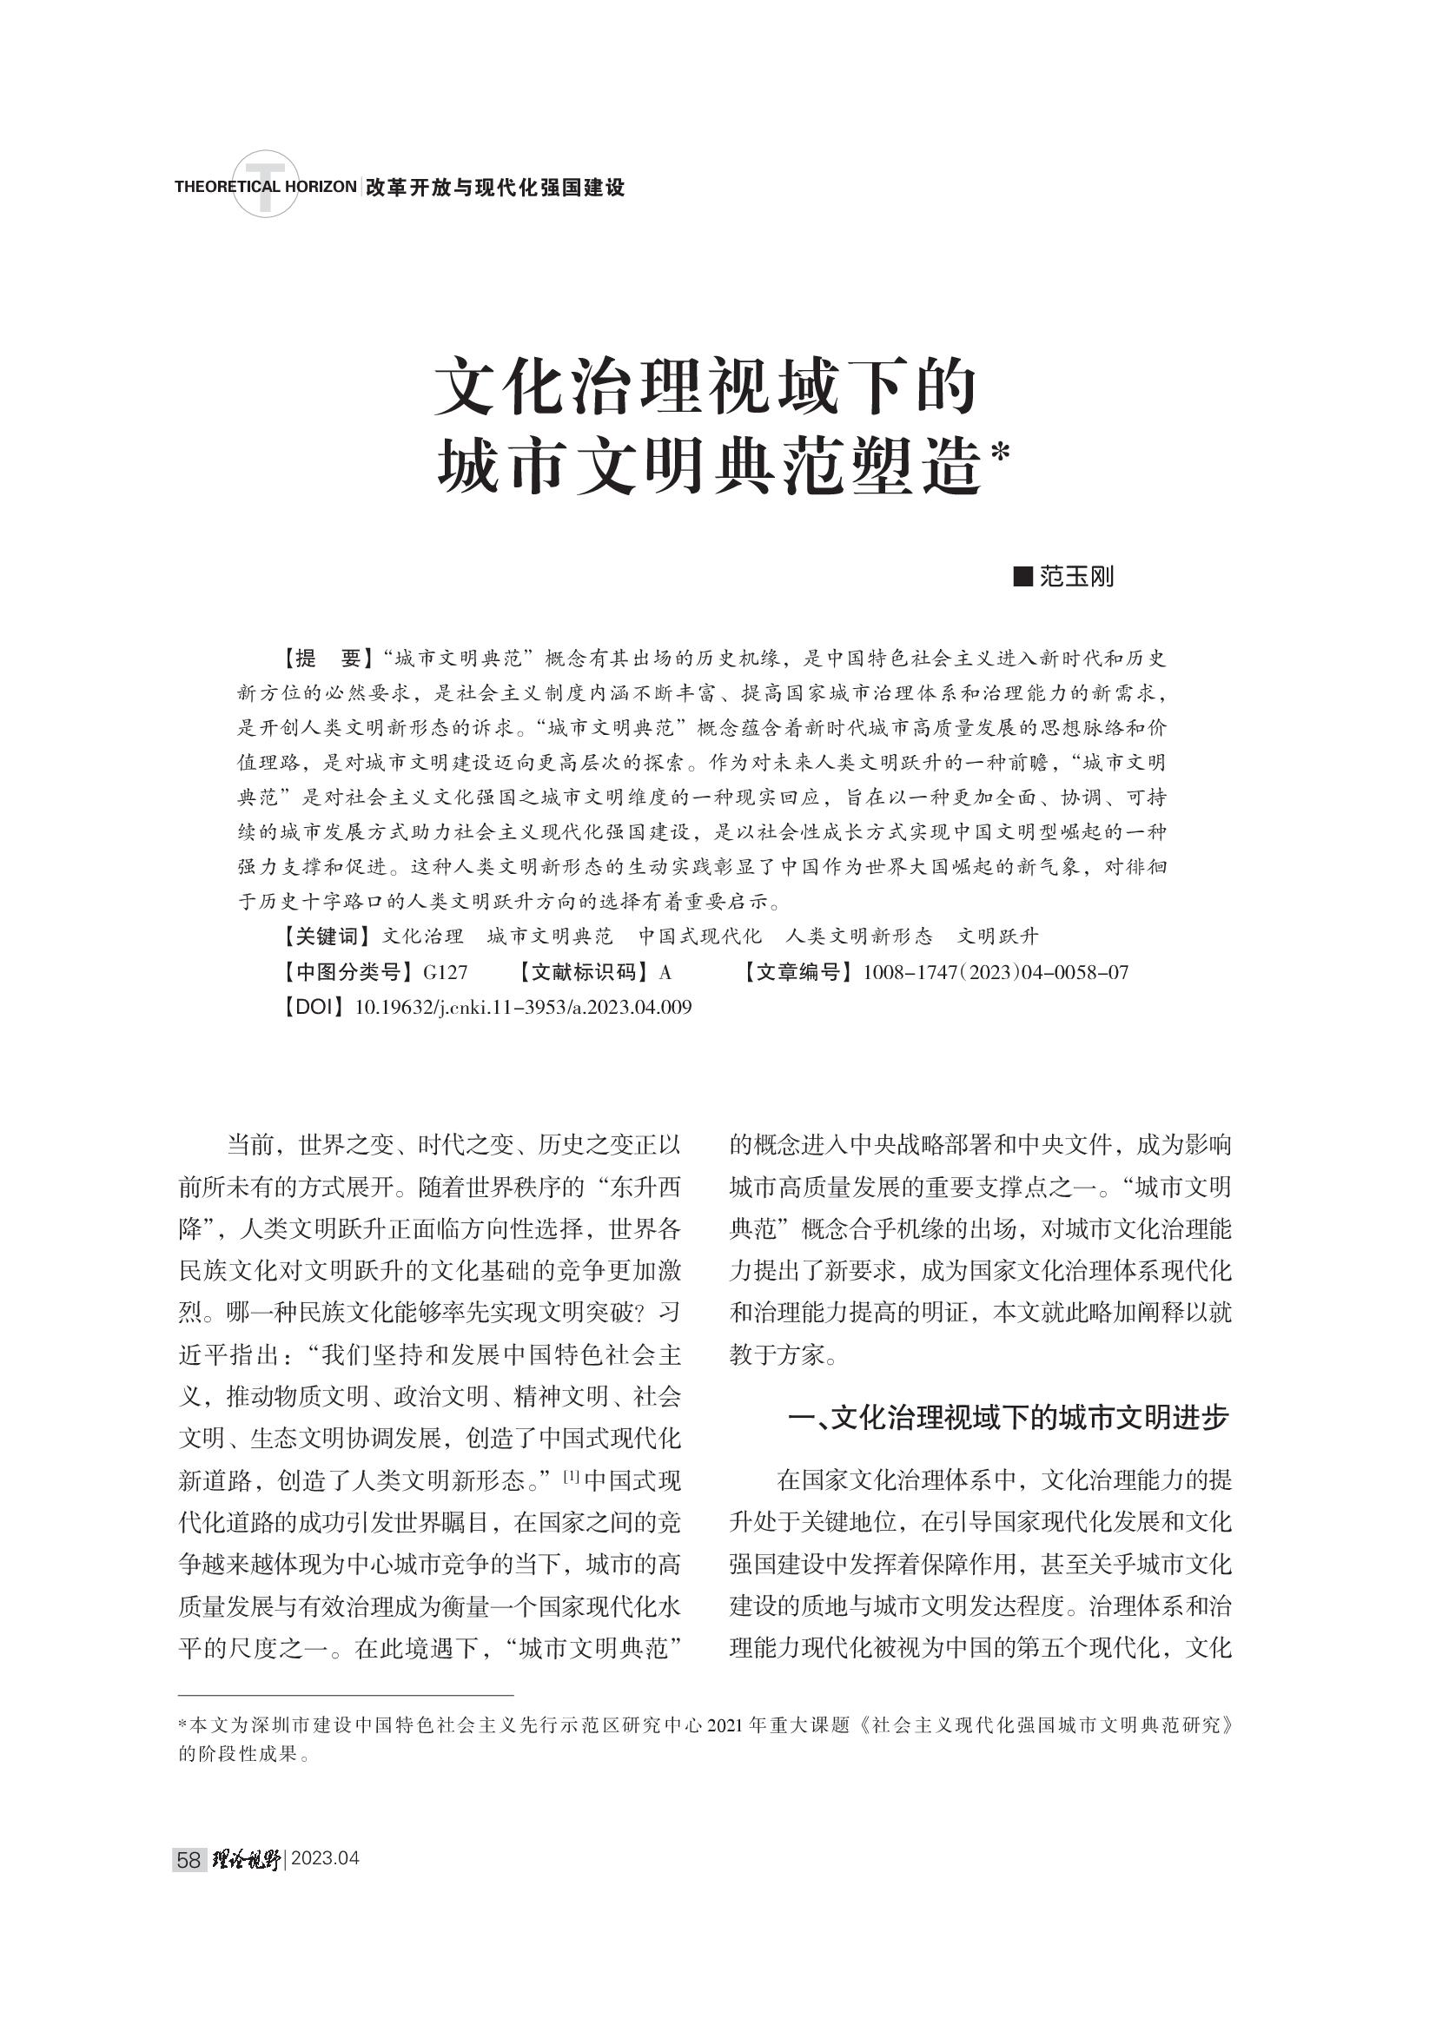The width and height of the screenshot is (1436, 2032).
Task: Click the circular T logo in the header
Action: (x=265, y=184)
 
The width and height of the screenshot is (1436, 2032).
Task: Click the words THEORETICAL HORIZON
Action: (x=266, y=187)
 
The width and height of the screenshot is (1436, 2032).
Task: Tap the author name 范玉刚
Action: (x=1076, y=578)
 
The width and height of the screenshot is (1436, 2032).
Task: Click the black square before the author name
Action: (x=1022, y=578)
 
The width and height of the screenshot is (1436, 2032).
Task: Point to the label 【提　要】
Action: (x=324, y=659)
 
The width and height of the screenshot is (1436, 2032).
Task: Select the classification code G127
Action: (x=445, y=973)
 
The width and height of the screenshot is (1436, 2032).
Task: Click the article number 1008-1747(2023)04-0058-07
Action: (x=996, y=973)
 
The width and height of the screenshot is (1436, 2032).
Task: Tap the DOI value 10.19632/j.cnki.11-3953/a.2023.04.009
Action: (x=523, y=1007)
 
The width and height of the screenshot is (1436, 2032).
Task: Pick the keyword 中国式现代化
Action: (x=699, y=937)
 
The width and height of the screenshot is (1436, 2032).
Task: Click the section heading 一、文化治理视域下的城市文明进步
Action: (x=1008, y=1418)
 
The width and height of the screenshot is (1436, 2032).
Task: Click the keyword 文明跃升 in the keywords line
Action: (x=998, y=937)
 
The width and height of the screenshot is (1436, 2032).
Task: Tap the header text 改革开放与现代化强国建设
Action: (x=495, y=188)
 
